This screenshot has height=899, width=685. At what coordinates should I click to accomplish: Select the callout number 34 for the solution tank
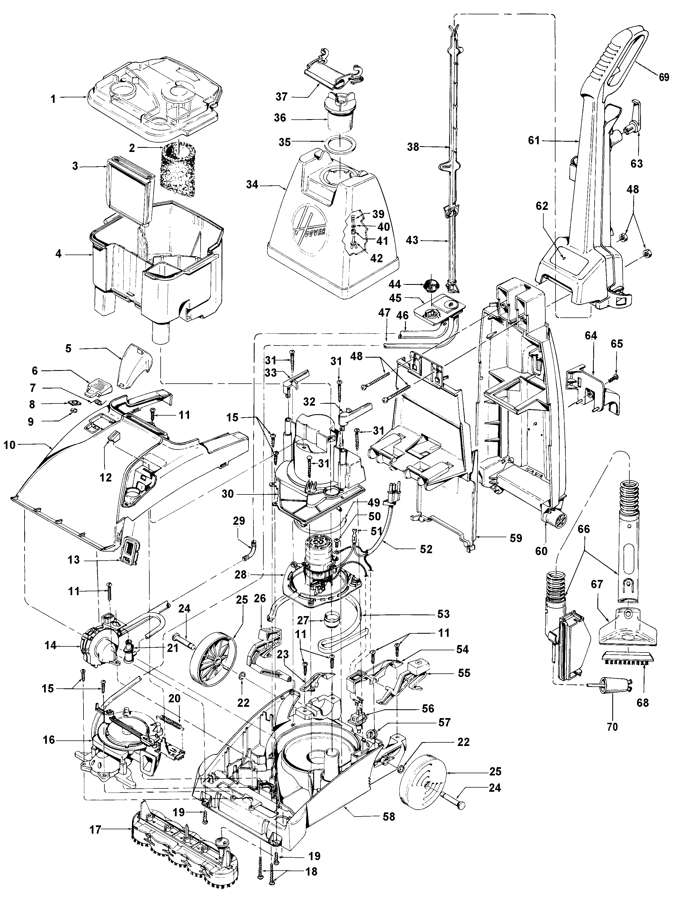252,185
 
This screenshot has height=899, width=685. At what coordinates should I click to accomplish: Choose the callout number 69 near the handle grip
664,77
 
